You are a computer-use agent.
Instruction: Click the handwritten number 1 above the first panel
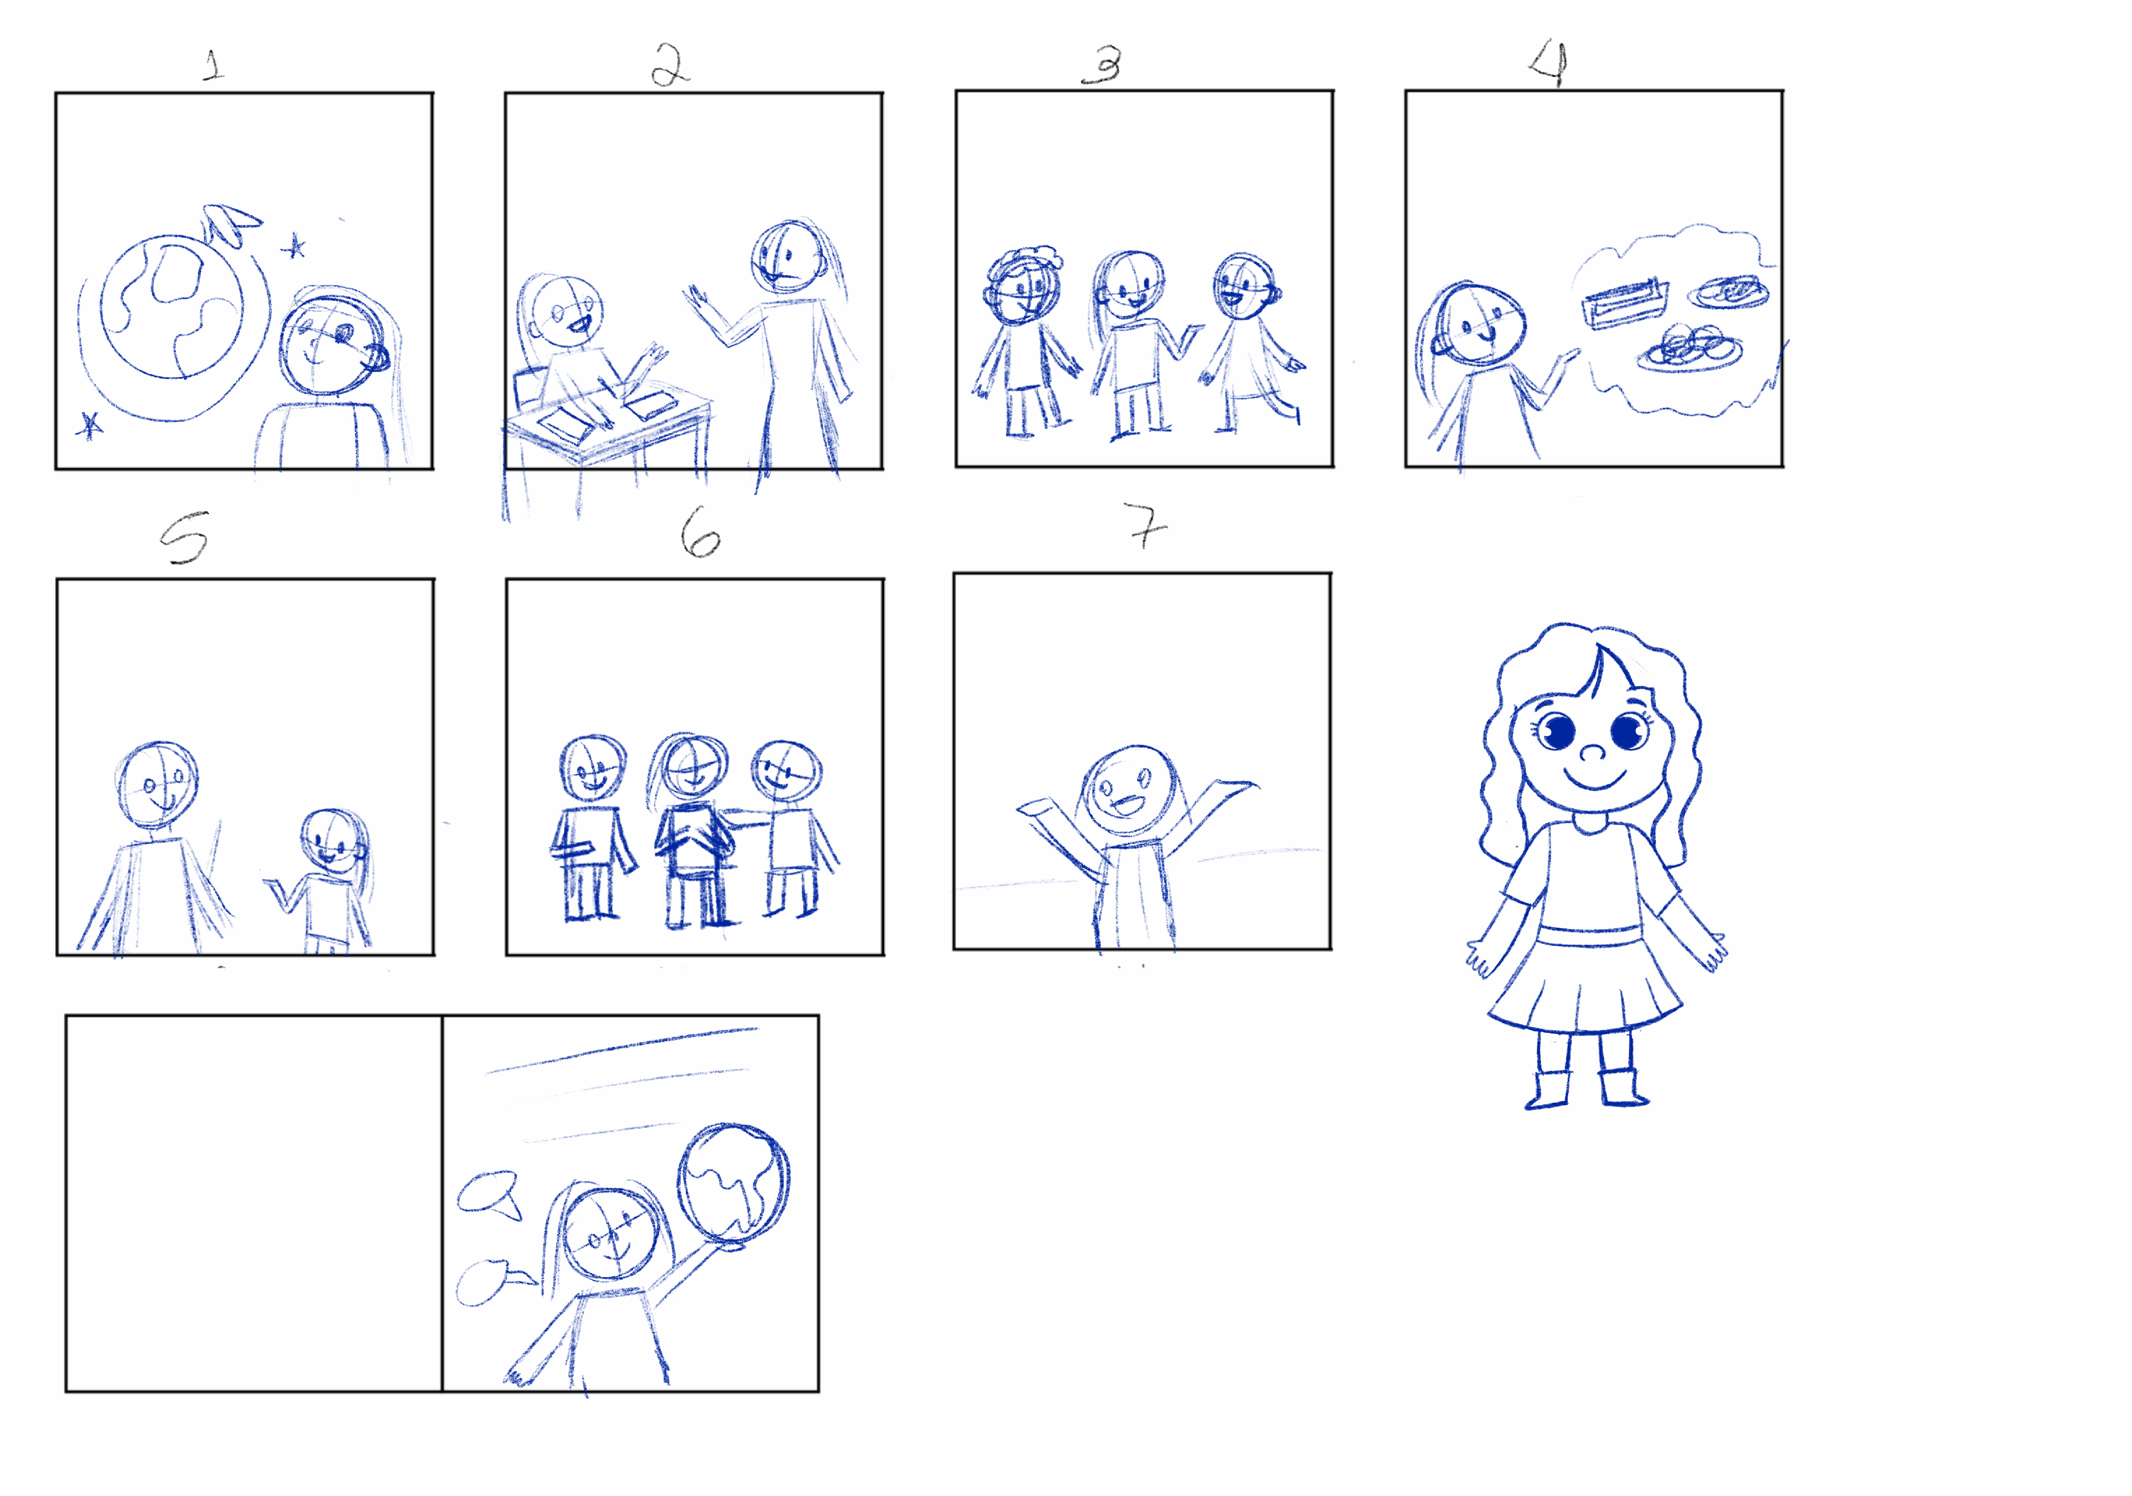pos(214,65)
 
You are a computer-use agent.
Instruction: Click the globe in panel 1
pos(172,308)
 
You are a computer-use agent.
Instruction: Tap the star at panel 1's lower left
pos(89,425)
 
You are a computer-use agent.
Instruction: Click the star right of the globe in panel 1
pos(294,246)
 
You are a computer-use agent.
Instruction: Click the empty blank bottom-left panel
pos(254,1203)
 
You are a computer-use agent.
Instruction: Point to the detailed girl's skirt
pos(1584,980)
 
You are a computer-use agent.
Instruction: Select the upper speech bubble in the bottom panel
pos(489,1194)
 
